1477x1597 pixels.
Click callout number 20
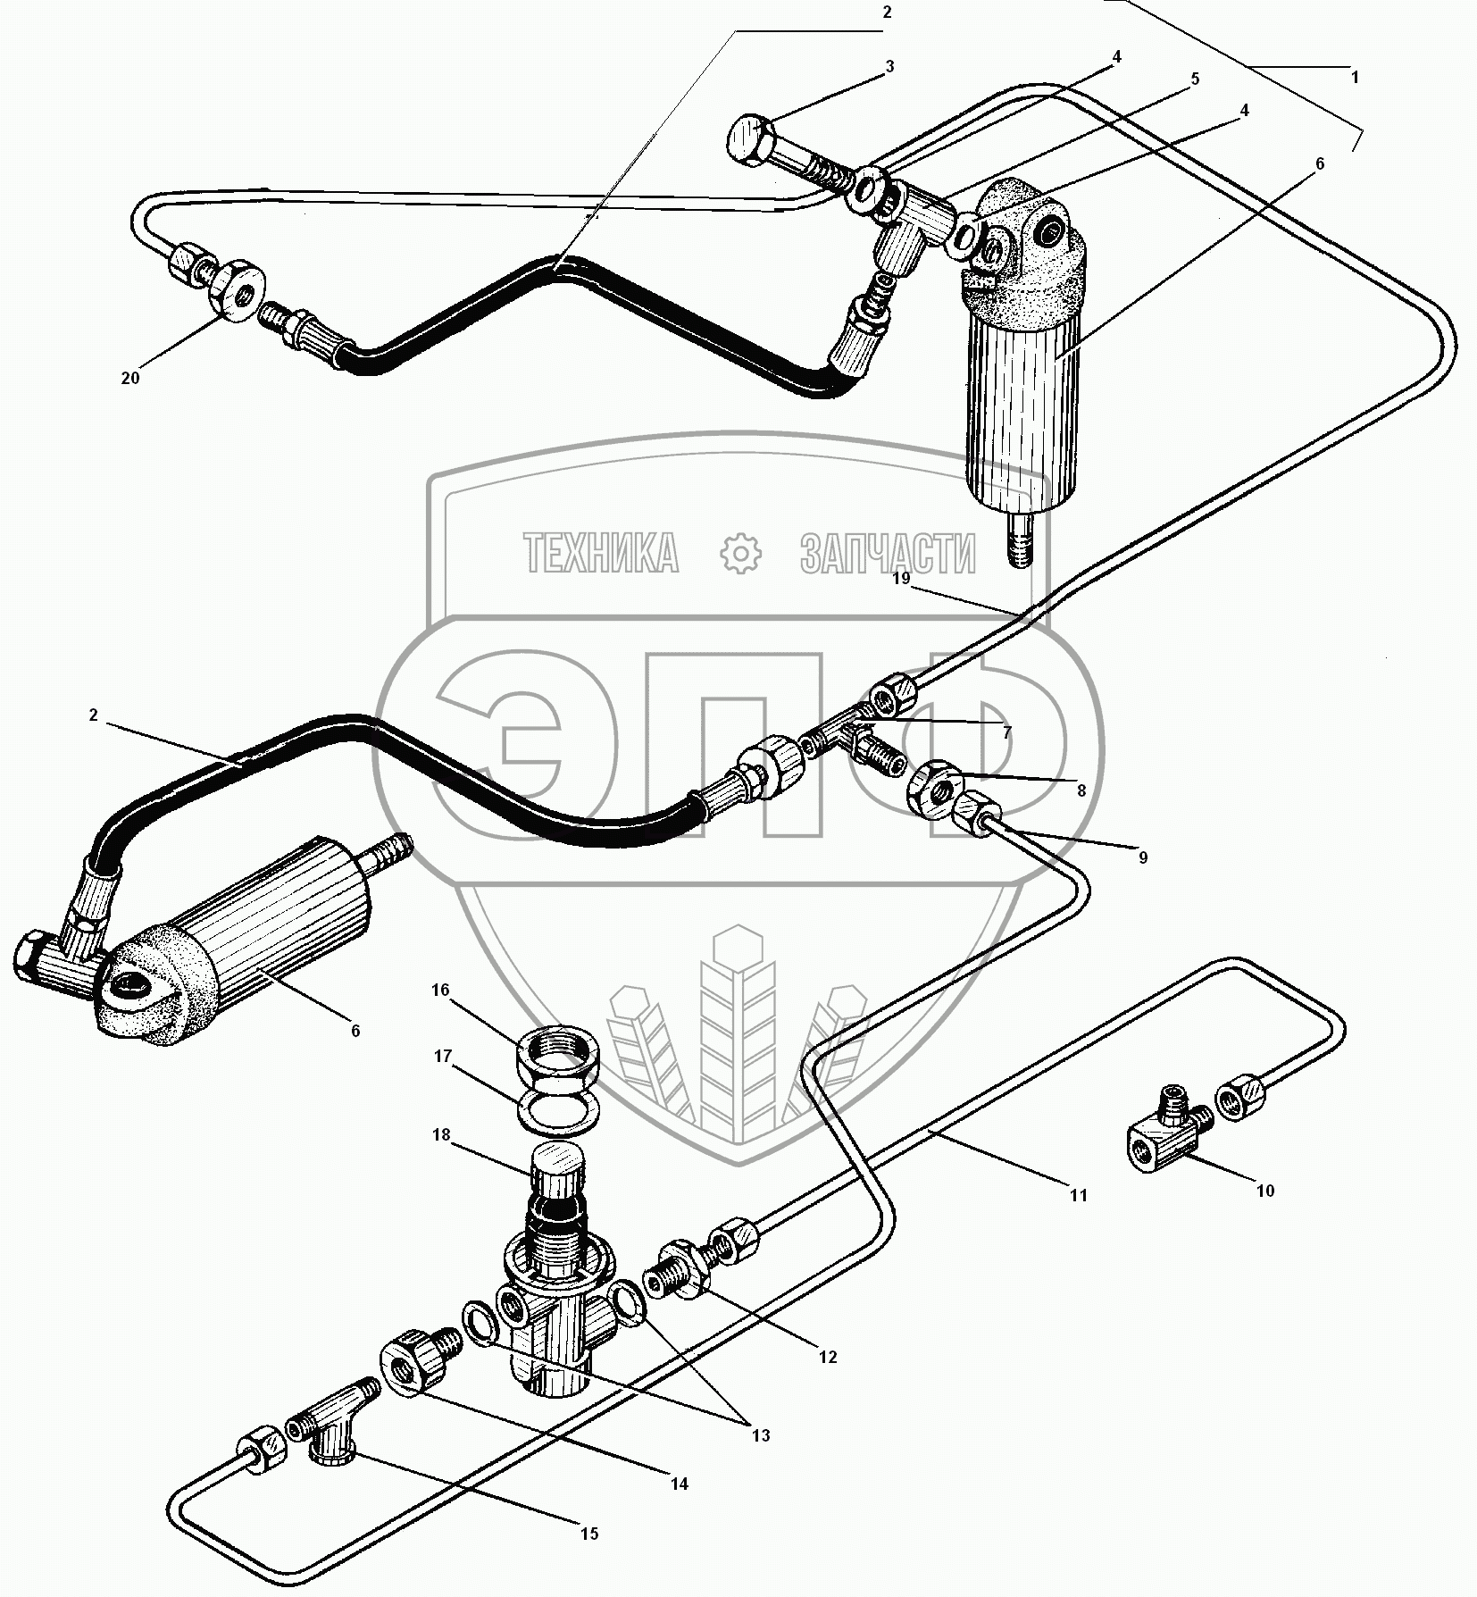(130, 378)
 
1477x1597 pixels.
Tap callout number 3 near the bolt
(889, 67)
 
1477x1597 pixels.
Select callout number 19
(900, 579)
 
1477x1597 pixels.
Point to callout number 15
(588, 1534)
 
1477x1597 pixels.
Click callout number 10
(1265, 1191)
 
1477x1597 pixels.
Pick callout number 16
(440, 991)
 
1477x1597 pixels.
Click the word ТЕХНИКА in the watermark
(601, 554)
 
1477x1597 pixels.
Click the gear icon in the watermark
(740, 554)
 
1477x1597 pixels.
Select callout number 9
(1142, 857)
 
